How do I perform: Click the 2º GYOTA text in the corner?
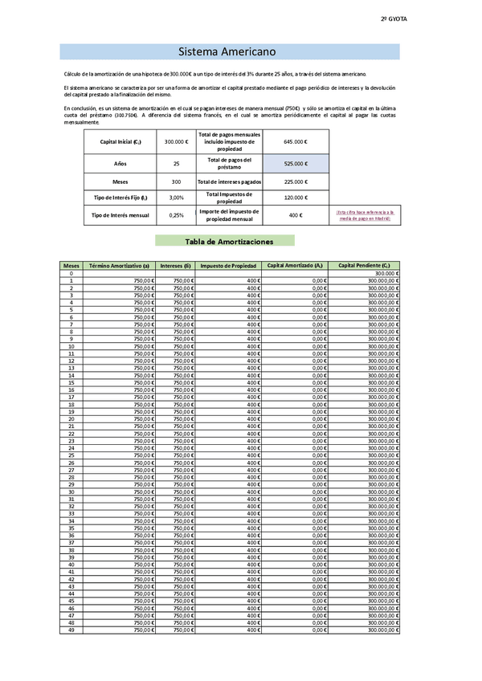tap(393, 18)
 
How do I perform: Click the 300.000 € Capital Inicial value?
tap(176, 141)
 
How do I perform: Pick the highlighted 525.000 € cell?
tap(295, 163)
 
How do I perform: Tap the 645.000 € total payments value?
tap(295, 141)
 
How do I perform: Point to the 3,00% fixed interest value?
tap(176, 197)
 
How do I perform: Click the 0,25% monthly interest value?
tap(176, 215)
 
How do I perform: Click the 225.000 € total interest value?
tap(295, 181)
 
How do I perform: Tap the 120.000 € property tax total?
tap(295, 197)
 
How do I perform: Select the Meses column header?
tap(71, 265)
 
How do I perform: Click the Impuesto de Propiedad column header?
tap(228, 265)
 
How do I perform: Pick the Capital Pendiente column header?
tap(364, 265)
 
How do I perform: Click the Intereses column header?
tap(175, 265)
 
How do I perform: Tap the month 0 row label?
tap(71, 273)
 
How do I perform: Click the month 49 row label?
tap(71, 630)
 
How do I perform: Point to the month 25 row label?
tap(71, 455)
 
